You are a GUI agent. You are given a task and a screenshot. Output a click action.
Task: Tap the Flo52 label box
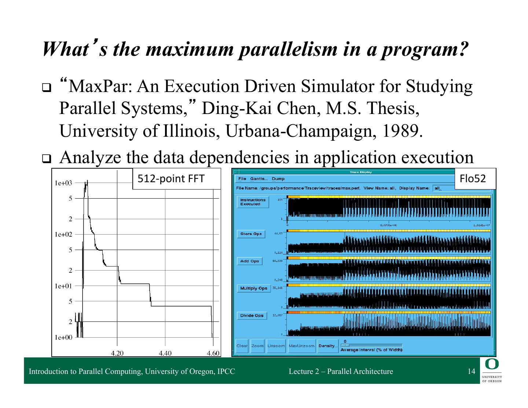pyautogui.click(x=475, y=179)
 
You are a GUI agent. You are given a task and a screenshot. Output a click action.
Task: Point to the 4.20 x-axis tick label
pyautogui.click(x=117, y=353)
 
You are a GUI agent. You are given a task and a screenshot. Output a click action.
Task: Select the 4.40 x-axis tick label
pyautogui.click(x=165, y=353)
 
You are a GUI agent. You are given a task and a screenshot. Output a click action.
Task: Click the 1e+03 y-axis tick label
pyautogui.click(x=63, y=183)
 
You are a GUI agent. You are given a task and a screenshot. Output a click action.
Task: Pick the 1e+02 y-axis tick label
pyautogui.click(x=63, y=234)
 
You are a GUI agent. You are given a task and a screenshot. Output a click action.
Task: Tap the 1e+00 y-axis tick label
pyautogui.click(x=63, y=337)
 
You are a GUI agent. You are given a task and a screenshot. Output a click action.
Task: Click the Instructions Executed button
pyautogui.click(x=253, y=202)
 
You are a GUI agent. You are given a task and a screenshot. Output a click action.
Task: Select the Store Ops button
pyautogui.click(x=251, y=234)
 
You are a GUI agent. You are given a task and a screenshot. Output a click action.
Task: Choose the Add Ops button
pyautogui.click(x=250, y=261)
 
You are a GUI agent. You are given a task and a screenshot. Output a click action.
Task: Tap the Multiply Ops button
pyautogui.click(x=254, y=288)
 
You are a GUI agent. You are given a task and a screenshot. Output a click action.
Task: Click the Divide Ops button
pyautogui.click(x=252, y=316)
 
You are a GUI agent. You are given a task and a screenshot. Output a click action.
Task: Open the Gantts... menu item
pyautogui.click(x=259, y=179)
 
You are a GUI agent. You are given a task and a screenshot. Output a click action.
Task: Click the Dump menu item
pyautogui.click(x=278, y=179)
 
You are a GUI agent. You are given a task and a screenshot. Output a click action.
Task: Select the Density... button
pyautogui.click(x=328, y=346)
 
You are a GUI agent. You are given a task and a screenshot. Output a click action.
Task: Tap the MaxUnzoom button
pyautogui.click(x=302, y=346)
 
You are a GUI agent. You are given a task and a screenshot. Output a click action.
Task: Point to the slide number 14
pyautogui.click(x=471, y=372)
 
